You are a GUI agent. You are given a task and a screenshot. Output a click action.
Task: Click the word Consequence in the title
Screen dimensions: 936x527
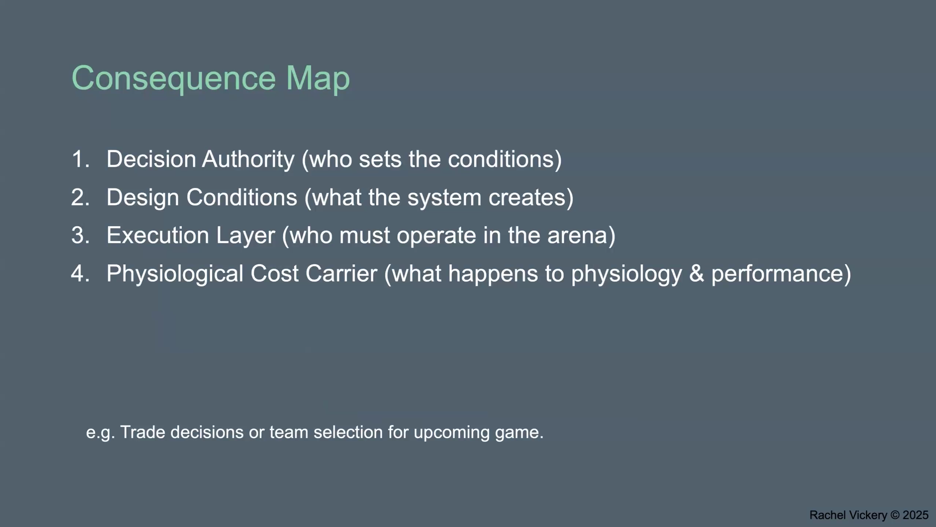[173, 79]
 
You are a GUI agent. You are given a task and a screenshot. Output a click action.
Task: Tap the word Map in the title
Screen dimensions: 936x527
[318, 79]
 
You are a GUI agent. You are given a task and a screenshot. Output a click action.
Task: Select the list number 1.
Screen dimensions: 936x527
[80, 159]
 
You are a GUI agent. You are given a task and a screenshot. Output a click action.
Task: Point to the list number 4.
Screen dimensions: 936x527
[80, 274]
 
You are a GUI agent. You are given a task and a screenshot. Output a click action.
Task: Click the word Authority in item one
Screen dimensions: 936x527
[248, 159]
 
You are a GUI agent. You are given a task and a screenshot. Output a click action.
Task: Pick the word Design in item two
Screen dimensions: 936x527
[143, 198]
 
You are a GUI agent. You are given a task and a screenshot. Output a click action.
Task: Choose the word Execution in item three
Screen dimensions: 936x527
[158, 235]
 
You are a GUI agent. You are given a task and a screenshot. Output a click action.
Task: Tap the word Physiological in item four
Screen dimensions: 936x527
[175, 274]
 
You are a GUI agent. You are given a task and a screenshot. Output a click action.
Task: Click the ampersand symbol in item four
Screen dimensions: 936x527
[696, 274]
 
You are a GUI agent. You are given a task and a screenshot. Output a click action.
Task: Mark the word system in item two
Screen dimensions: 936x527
[444, 198]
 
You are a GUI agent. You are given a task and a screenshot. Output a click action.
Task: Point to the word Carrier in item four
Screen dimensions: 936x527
[341, 274]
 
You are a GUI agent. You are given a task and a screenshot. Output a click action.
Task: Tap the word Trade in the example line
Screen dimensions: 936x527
[142, 432]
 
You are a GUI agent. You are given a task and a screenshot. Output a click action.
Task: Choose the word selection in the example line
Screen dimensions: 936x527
[348, 432]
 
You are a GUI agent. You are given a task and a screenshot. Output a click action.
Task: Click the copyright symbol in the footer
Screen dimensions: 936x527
[895, 515]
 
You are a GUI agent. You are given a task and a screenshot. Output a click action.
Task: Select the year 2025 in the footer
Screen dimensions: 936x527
[916, 515]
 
